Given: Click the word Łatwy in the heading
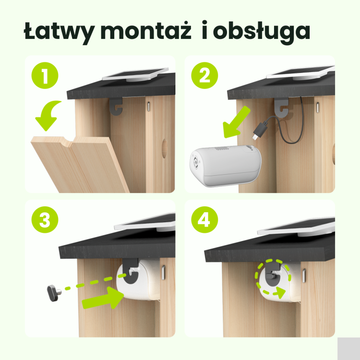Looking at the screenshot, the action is coord(59,32).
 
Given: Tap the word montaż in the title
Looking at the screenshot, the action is coord(146,31).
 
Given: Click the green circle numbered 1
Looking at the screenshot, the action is coord(45,75).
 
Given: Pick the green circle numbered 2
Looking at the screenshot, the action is coord(204,75).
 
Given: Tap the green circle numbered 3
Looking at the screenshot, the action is coord(45,220).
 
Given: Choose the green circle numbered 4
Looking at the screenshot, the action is coord(204,220).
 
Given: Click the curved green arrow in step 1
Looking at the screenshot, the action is coord(47,115).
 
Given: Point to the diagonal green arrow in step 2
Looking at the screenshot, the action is coord(236,122).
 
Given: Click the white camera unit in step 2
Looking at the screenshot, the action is coord(226,166).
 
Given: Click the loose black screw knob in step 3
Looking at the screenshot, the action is coord(54,293).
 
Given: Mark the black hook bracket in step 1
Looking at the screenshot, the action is coord(116,106).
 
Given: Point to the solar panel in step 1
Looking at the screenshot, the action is coord(135,74).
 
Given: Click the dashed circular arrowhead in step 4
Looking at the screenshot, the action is coord(280,292).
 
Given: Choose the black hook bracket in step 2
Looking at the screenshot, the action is coord(281,107).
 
